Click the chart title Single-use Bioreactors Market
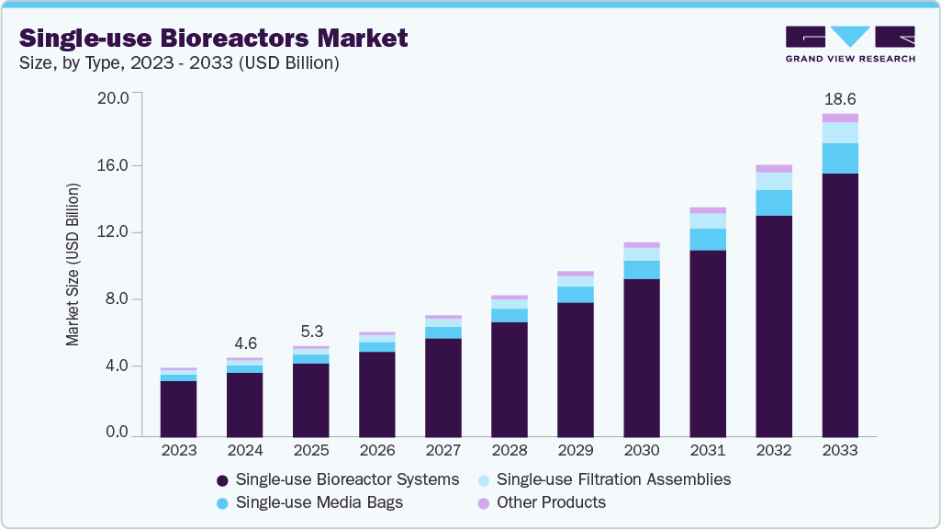pyautogui.click(x=214, y=39)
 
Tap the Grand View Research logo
pyautogui.click(x=849, y=44)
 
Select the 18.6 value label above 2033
pyautogui.click(x=840, y=98)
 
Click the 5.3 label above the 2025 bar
pyautogui.click(x=310, y=331)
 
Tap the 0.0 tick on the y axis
pyautogui.click(x=118, y=432)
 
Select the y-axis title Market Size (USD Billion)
pyautogui.click(x=73, y=264)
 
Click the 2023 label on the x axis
pyautogui.click(x=178, y=451)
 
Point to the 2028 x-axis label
pyautogui.click(x=509, y=451)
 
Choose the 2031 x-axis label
pyautogui.click(x=708, y=451)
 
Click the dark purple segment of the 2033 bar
pyautogui.click(x=840, y=303)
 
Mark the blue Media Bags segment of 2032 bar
pyautogui.click(x=774, y=203)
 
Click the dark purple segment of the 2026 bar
pyautogui.click(x=376, y=393)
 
